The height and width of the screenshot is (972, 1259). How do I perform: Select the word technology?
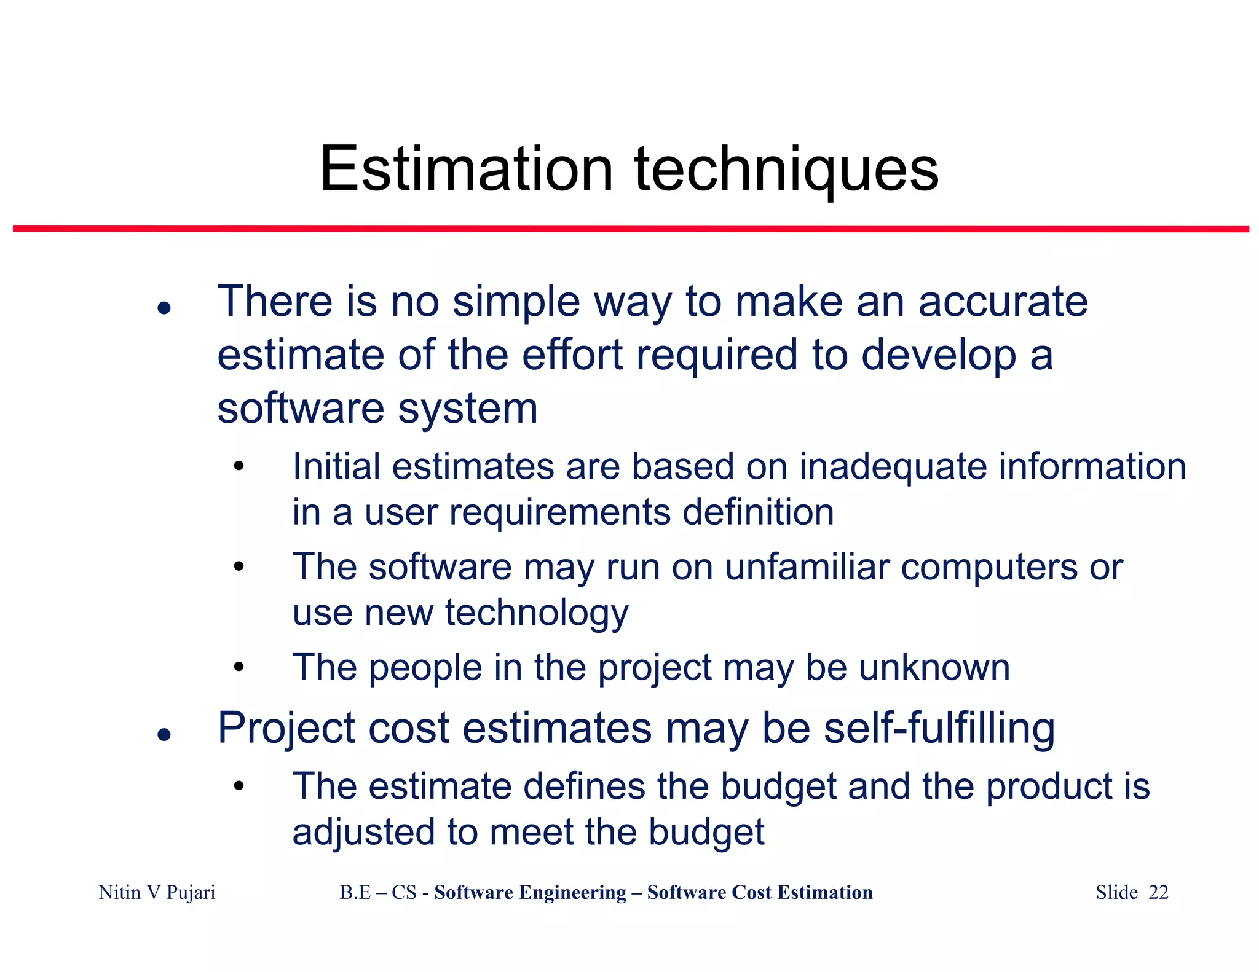pos(537,613)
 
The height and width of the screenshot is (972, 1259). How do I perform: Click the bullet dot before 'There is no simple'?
pos(164,307)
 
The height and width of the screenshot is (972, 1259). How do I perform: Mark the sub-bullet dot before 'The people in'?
pos(239,667)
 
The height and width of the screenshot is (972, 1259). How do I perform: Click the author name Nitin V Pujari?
pos(157,892)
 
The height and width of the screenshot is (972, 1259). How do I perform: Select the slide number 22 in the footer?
pos(1158,892)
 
